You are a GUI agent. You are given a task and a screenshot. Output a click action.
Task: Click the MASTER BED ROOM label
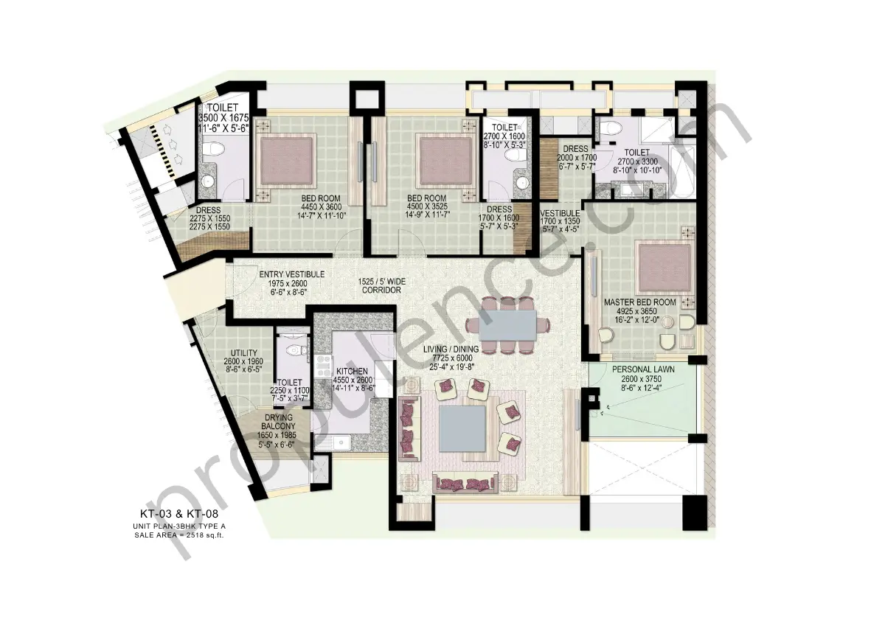coord(639,302)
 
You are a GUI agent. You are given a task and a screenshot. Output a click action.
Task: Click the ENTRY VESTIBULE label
coord(292,274)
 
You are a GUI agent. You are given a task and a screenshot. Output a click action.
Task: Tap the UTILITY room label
coord(243,353)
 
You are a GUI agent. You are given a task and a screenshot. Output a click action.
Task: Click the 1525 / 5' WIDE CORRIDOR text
coord(381,286)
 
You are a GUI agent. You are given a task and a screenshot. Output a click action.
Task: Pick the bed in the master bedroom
coord(664,265)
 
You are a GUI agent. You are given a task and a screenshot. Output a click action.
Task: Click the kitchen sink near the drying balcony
coord(341,442)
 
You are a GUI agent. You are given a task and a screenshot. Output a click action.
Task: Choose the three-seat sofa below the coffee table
coord(465,483)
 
